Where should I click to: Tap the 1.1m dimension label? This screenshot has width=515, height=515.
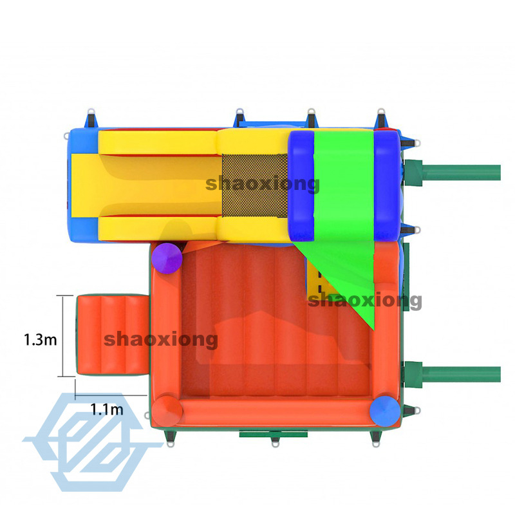click(x=107, y=407)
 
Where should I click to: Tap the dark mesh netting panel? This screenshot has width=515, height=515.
click(x=255, y=187)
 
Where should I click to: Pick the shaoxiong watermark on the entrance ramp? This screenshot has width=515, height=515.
click(x=161, y=339)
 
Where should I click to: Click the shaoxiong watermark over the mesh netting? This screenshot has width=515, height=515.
click(x=263, y=184)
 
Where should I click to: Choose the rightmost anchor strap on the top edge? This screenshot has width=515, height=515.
click(x=380, y=117)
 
